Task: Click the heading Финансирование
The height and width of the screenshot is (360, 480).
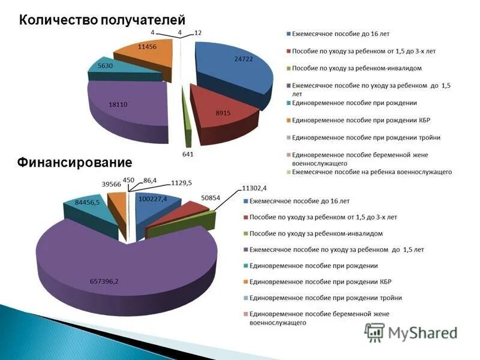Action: tap(74, 162)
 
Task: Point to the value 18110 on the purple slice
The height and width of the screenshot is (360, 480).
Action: tap(118, 104)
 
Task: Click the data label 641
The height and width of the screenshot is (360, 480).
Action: tap(188, 154)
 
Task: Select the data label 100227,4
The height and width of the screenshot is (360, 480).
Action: tap(153, 199)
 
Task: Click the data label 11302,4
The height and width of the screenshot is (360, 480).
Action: tap(257, 188)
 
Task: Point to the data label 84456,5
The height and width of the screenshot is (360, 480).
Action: tap(87, 202)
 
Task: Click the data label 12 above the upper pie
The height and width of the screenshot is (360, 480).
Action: tap(198, 32)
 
